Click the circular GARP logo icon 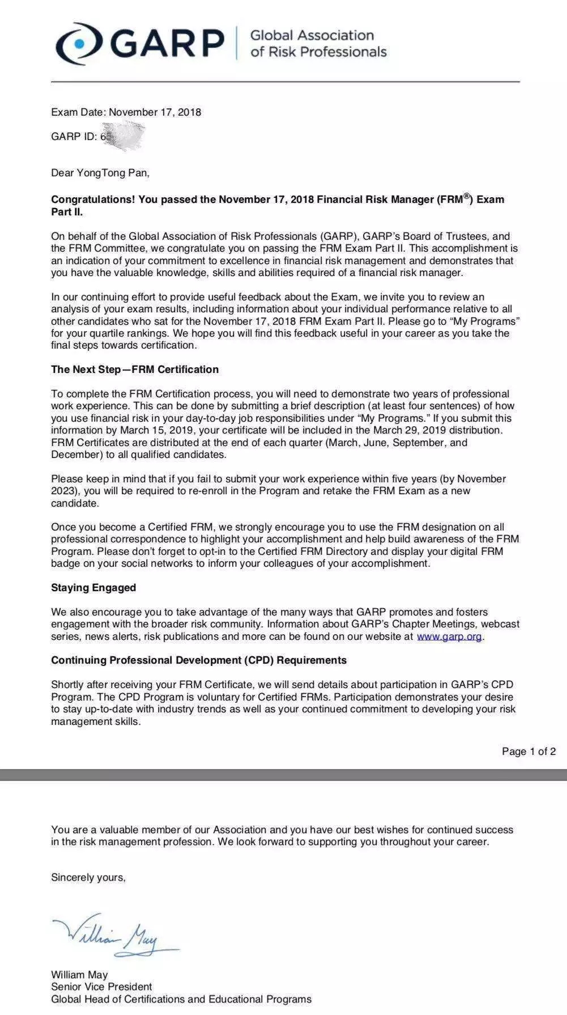79,43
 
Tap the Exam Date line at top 126,112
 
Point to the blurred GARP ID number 122,137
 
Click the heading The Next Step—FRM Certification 135,370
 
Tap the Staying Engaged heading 93,588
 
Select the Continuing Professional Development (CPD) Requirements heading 199,660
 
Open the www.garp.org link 449,636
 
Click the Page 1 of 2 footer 528,751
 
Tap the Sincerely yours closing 88,877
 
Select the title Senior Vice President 101,987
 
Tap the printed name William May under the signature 79,975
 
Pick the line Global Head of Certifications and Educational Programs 181,999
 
